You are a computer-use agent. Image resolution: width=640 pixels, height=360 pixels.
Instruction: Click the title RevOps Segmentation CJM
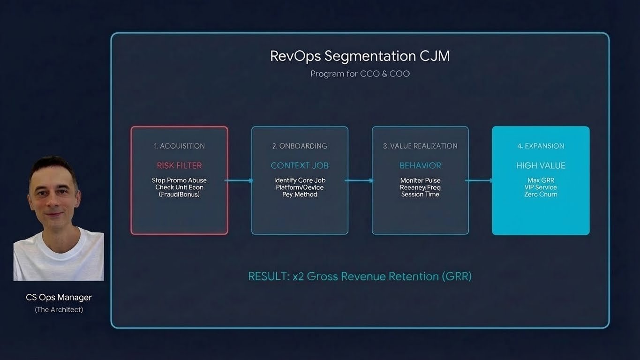coord(360,56)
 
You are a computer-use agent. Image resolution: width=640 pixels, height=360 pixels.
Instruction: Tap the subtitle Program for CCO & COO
coord(360,74)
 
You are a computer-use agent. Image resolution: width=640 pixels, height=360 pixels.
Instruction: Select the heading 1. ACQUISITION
coord(179,146)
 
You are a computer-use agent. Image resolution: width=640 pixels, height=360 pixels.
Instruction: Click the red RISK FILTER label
coord(179,165)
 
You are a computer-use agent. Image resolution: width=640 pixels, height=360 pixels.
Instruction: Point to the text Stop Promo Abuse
coord(179,180)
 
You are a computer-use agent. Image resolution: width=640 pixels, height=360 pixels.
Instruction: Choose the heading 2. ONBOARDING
coord(300,146)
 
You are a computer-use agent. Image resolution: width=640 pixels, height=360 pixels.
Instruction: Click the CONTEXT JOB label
coord(300,165)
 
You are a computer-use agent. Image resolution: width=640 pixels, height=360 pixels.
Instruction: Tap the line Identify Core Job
coord(300,180)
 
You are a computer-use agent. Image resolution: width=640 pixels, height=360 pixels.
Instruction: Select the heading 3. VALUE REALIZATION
coord(420,146)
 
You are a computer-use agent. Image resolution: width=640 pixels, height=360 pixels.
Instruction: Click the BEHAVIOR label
coord(420,165)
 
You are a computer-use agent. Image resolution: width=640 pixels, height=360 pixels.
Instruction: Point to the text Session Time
coord(420,194)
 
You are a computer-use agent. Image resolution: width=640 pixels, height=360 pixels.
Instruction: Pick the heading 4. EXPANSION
coord(541,146)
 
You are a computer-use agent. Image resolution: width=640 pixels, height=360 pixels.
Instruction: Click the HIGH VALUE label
coord(541,165)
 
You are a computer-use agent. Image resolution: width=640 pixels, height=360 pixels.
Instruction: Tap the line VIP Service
coord(541,187)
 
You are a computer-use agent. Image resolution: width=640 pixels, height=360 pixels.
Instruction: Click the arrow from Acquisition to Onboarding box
coord(240,180)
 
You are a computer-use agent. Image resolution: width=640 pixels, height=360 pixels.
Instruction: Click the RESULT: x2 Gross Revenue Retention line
coord(360,277)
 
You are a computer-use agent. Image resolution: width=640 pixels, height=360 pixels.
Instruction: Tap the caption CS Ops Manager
coord(59,297)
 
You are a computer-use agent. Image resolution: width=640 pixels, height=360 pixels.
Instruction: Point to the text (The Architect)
coord(59,309)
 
